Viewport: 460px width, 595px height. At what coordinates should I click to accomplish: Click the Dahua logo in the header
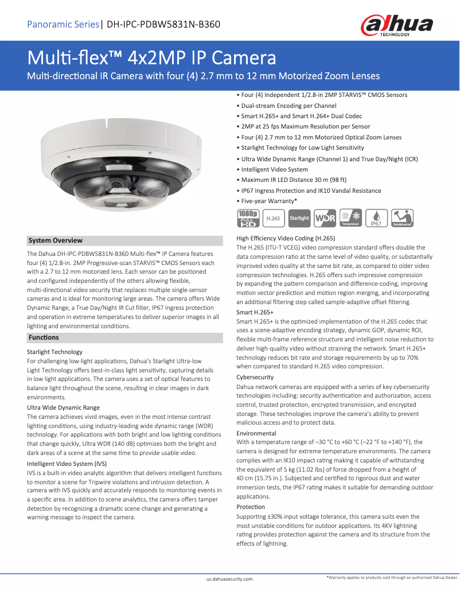coord(396,26)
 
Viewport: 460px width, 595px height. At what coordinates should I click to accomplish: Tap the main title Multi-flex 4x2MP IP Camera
coord(152,58)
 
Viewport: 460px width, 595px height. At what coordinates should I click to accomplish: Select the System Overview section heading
coord(56,240)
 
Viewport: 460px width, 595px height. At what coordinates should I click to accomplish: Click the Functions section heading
coord(44,337)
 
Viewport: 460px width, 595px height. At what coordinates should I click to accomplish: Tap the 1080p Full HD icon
coord(247,217)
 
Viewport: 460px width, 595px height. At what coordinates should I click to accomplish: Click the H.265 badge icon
coord(274,218)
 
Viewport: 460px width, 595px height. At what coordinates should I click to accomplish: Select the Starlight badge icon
coord(299,218)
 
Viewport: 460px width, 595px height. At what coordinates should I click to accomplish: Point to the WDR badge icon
coord(325,218)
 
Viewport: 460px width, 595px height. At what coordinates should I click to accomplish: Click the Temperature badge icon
coord(350,217)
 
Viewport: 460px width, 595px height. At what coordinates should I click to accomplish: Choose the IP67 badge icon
coord(376,218)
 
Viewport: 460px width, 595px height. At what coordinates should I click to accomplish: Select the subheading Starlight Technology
coord(55,352)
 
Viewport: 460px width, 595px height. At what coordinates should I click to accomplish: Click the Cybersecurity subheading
coord(255,377)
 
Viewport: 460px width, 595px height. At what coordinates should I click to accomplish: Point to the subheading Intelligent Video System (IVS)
coord(67,464)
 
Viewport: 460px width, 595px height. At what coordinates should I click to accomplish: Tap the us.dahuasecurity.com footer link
coord(229,580)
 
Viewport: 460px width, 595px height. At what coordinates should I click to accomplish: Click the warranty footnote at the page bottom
coord(392,578)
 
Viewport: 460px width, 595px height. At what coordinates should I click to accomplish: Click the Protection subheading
coord(251,507)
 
